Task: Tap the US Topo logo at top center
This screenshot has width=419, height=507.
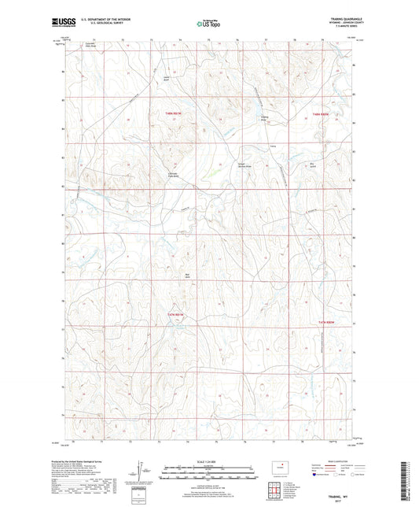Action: (208, 24)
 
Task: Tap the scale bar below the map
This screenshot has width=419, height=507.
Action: (208, 475)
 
